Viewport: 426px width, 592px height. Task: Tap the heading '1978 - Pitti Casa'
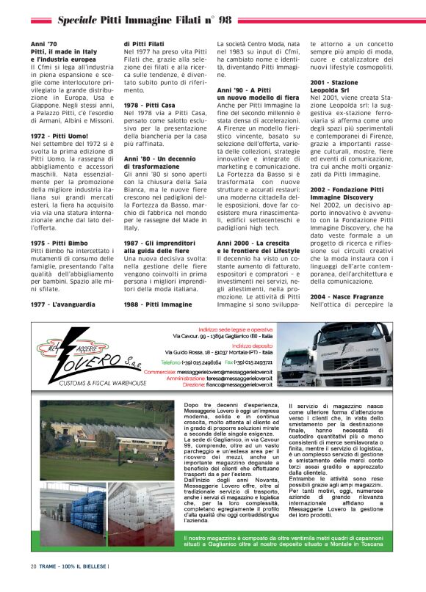pos(149,105)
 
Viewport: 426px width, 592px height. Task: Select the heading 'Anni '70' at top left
pos(43,44)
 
